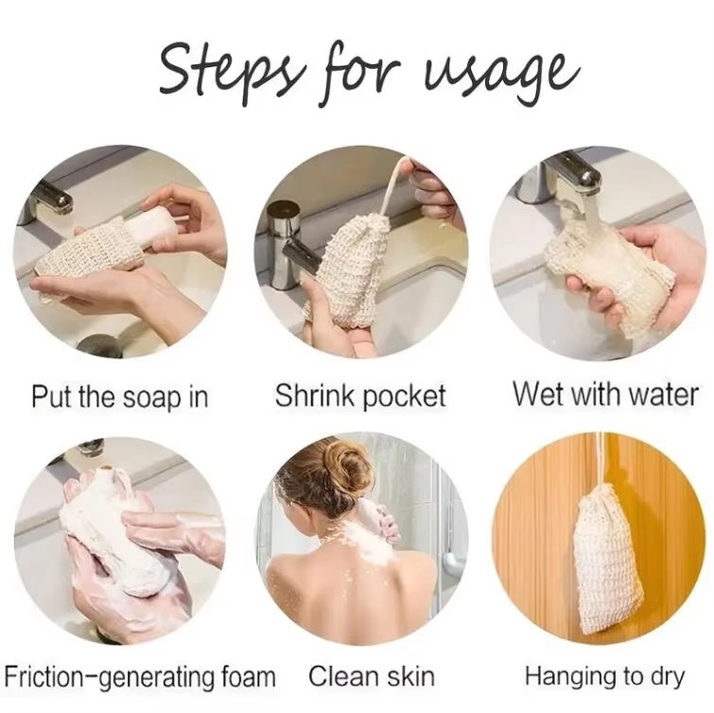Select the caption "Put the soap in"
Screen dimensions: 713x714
coord(119,395)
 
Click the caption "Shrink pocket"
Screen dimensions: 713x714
coord(359,395)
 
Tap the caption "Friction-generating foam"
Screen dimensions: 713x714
coord(140,677)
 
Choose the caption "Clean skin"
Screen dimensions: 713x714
coord(372,677)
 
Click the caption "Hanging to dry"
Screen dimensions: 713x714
coord(606,677)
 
